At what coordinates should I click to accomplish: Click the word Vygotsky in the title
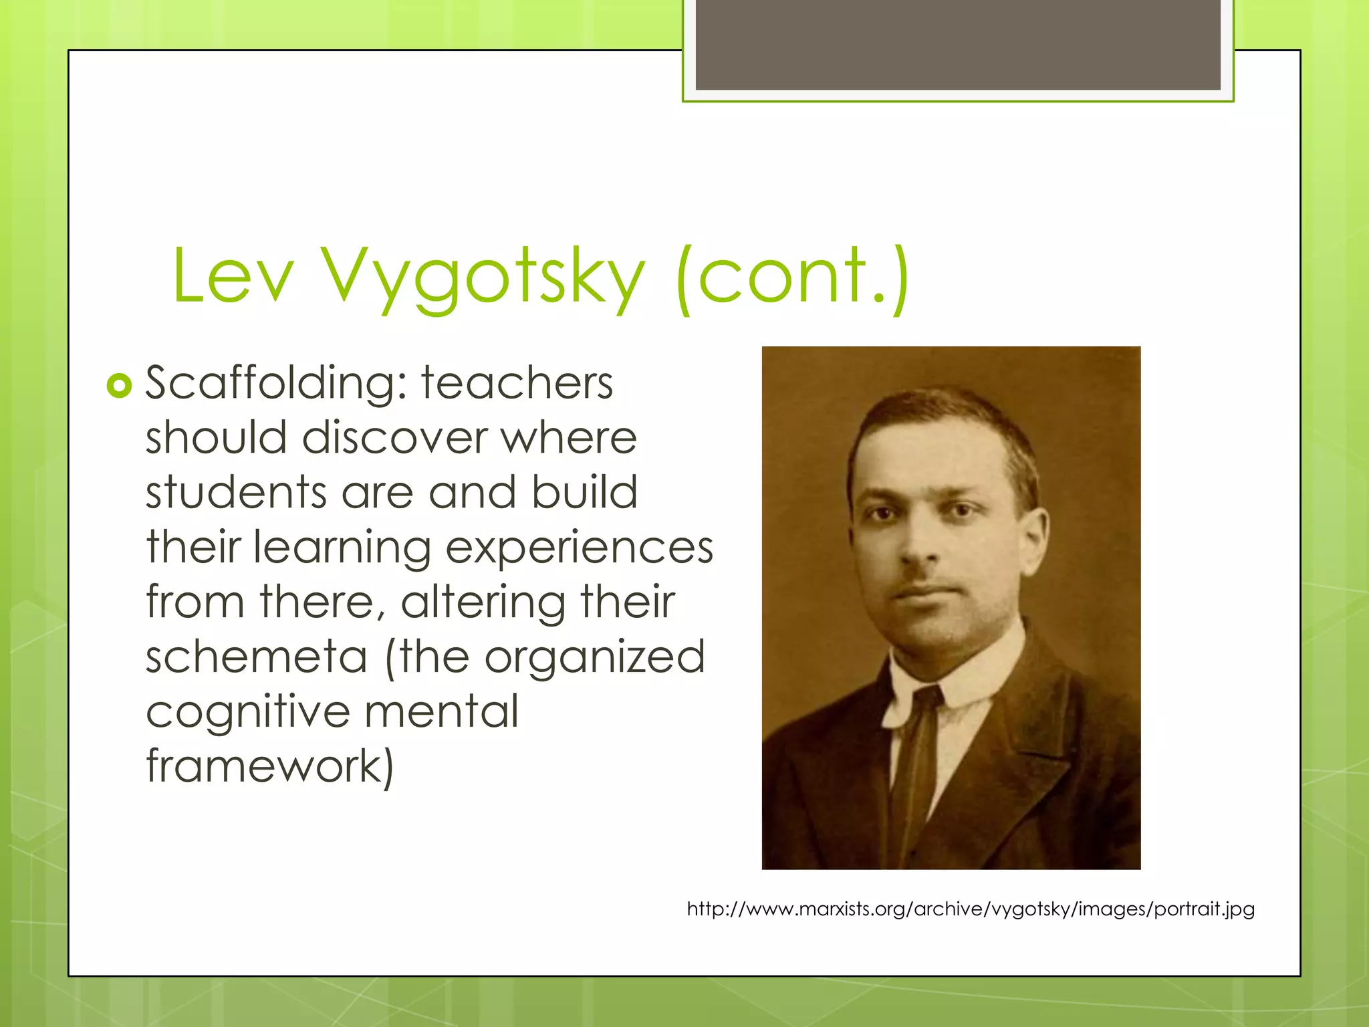coord(483,275)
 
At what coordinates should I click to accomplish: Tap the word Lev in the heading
coord(233,275)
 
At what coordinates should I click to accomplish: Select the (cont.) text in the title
coord(792,275)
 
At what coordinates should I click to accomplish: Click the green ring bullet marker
coord(119,386)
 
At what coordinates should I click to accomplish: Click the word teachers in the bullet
coord(517,383)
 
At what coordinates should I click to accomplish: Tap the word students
coord(236,493)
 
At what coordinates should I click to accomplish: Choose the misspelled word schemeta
coord(257,657)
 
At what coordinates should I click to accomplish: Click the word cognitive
coord(247,711)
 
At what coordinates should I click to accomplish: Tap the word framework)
coord(270,766)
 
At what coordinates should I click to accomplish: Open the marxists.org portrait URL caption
coord(971,909)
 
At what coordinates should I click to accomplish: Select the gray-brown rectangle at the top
coord(958,45)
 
